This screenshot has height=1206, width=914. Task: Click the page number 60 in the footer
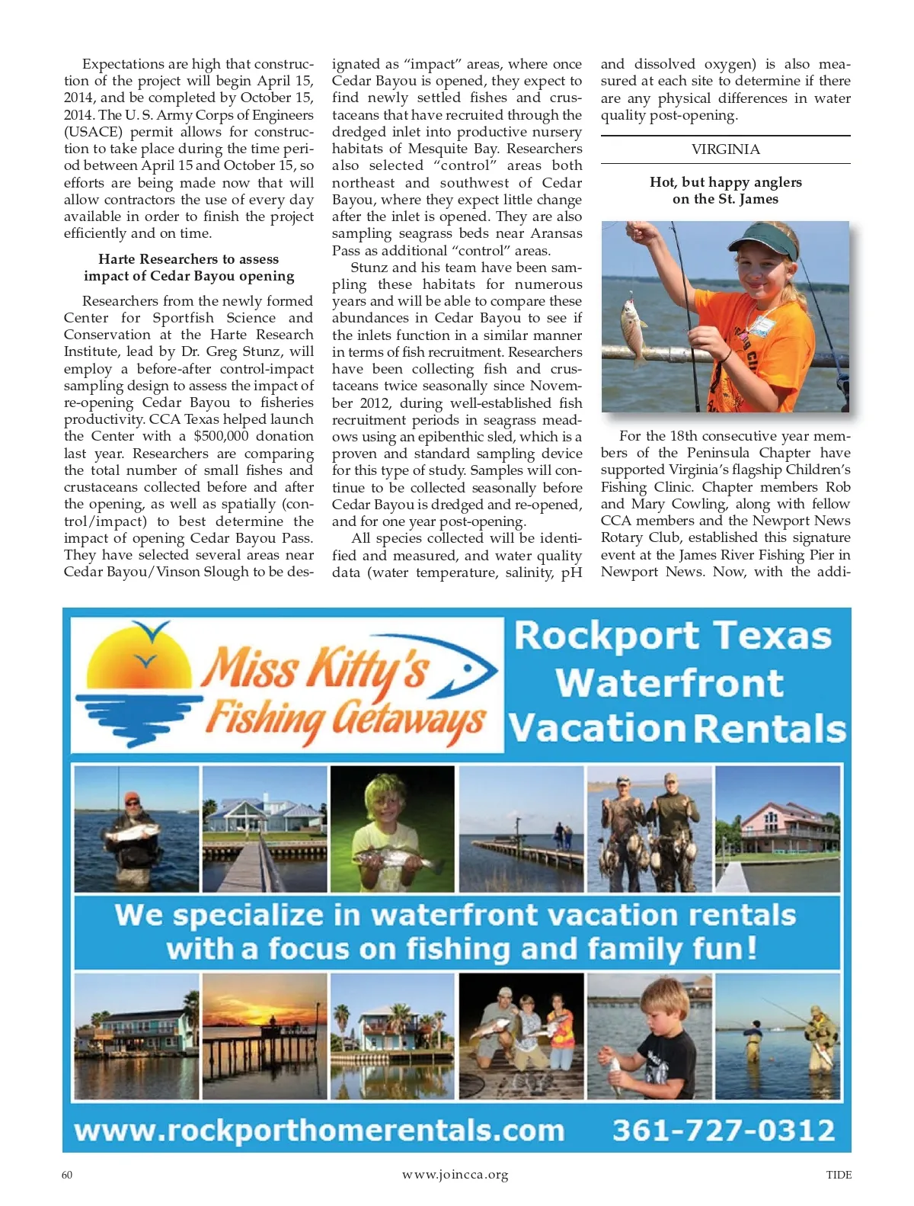pyautogui.click(x=67, y=1175)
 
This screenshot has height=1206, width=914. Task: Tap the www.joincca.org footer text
pyautogui.click(x=455, y=1175)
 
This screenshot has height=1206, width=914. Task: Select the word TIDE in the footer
pyautogui.click(x=839, y=1175)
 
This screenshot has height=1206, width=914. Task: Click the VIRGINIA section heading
pyautogui.click(x=725, y=149)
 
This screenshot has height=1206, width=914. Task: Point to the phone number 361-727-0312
pyautogui.click(x=724, y=1130)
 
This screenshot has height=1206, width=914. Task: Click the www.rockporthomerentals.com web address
pyautogui.click(x=319, y=1130)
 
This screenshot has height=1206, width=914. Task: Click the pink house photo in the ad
pyautogui.click(x=778, y=829)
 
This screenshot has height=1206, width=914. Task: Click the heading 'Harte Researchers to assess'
pyautogui.click(x=188, y=259)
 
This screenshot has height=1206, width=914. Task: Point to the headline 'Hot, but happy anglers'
pyautogui.click(x=725, y=182)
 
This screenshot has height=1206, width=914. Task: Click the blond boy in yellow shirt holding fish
pyautogui.click(x=392, y=829)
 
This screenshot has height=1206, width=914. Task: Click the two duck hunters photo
pyautogui.click(x=650, y=829)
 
